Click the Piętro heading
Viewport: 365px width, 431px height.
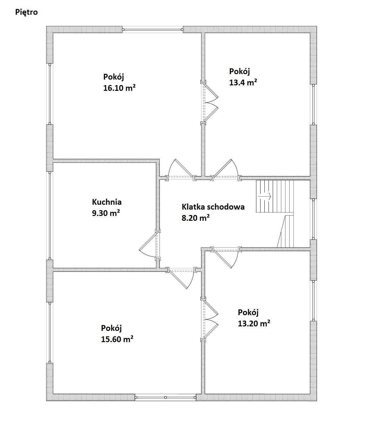[27, 12]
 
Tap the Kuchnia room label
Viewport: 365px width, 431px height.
[107, 202]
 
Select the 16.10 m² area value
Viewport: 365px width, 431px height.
[119, 88]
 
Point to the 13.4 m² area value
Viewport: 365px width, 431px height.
[243, 82]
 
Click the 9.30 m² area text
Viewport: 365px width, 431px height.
[106, 213]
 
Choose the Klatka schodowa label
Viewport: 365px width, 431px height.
[213, 207]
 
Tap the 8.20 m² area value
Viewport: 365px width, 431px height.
[195, 218]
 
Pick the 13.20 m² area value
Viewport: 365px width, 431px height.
[254, 323]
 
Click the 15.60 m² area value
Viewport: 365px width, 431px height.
[117, 339]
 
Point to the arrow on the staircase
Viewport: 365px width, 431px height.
[264, 196]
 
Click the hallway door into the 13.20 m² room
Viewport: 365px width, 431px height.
[226, 258]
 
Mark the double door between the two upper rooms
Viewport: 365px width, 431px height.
[210, 103]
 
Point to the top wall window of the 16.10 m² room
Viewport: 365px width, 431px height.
[153, 30]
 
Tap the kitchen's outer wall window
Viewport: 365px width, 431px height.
[50, 215]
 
